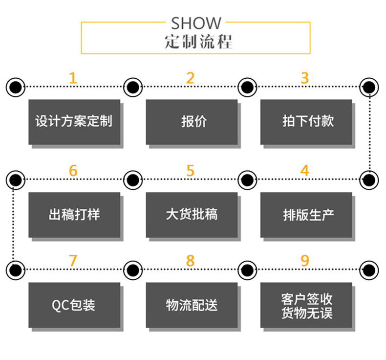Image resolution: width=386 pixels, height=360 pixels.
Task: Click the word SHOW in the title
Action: click(196, 23)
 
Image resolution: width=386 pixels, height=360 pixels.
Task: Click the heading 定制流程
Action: click(196, 42)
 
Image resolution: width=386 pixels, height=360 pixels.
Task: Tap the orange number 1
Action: click(73, 78)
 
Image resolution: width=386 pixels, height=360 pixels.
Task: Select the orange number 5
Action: click(190, 171)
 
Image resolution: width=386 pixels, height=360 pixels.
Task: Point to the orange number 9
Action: click(305, 261)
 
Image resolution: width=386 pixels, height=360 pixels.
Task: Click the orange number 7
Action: click(73, 261)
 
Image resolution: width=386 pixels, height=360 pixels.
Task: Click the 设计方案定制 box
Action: click(74, 122)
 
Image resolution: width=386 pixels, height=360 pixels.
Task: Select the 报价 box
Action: click(192, 122)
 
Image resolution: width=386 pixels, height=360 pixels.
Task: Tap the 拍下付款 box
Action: click(306, 122)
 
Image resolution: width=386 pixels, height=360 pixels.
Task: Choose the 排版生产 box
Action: click(306, 215)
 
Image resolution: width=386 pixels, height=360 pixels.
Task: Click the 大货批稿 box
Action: click(192, 215)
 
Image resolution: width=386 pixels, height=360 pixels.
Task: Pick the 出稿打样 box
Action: click(74, 215)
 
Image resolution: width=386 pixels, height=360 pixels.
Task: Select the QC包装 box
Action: click(74, 305)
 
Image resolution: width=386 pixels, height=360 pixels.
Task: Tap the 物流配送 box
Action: click(192, 305)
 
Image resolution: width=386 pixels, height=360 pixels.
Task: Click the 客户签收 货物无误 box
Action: click(306, 305)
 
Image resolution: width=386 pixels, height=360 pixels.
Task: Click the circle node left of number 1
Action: click(16, 88)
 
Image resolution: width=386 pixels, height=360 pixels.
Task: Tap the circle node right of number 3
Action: click(369, 88)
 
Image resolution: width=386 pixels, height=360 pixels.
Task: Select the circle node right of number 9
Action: click(369, 269)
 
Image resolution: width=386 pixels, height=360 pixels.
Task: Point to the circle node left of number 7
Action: click(16, 269)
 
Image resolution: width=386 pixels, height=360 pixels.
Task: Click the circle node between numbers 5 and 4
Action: click(248, 180)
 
